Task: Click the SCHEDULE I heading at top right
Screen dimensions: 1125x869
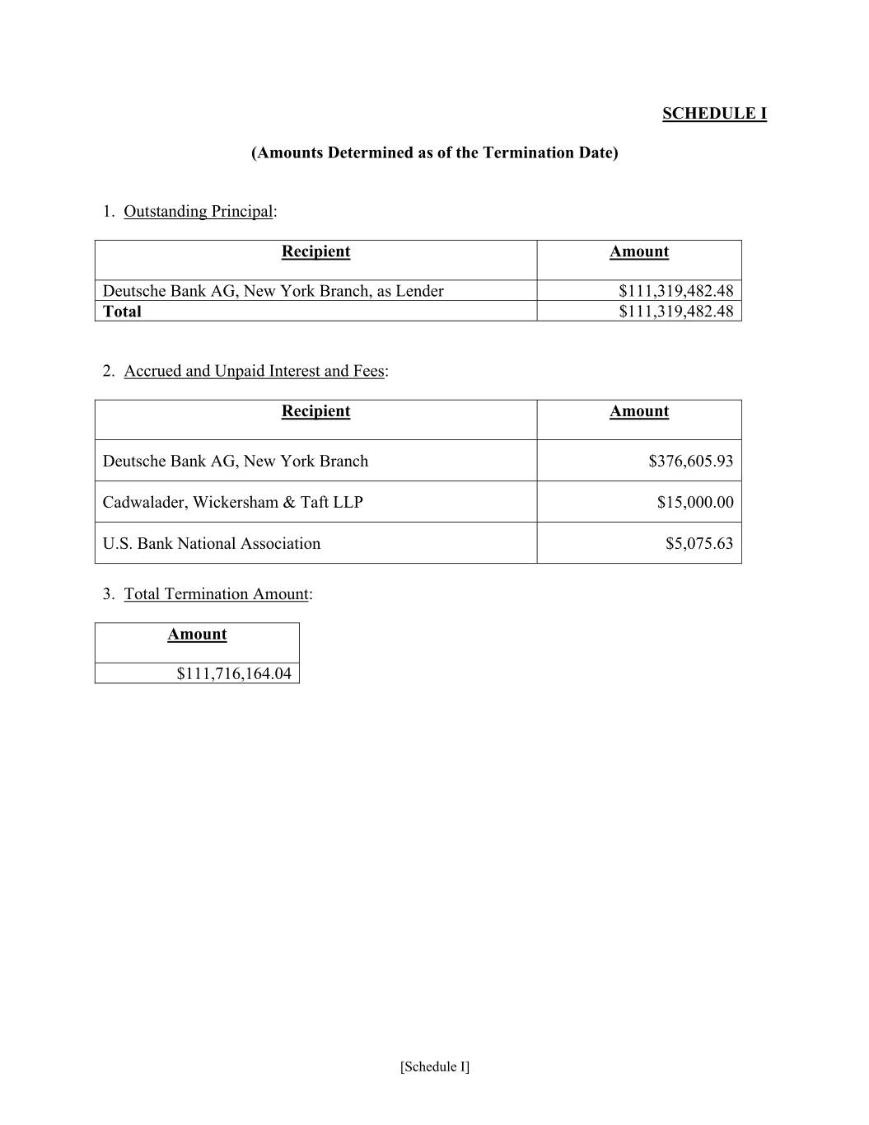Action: coord(714,114)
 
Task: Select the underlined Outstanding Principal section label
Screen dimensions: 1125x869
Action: coord(198,211)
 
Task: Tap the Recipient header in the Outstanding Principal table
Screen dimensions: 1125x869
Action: coord(315,252)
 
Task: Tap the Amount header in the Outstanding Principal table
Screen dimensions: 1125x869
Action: coord(638,252)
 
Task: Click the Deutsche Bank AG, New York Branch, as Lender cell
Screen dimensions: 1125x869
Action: coord(273,291)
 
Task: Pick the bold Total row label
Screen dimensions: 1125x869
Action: coord(122,312)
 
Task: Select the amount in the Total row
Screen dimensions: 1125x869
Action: coord(675,312)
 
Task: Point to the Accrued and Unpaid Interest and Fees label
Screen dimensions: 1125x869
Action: coord(254,371)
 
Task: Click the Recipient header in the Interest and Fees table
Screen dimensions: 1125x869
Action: coord(315,411)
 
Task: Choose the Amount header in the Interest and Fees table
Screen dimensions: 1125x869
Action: coord(638,411)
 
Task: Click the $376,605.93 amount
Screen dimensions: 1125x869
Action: coord(690,461)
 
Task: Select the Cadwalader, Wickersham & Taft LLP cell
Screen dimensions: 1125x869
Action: coord(232,502)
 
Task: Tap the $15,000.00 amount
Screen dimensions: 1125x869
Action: coord(694,502)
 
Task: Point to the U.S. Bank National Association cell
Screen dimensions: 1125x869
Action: coord(211,543)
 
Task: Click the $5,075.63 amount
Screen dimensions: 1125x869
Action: coord(698,543)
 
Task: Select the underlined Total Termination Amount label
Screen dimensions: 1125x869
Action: coord(216,594)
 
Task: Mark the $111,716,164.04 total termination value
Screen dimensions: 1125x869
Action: coord(234,673)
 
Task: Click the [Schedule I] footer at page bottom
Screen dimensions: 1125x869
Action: coord(435,1066)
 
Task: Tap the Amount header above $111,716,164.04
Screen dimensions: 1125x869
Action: coord(197,635)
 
